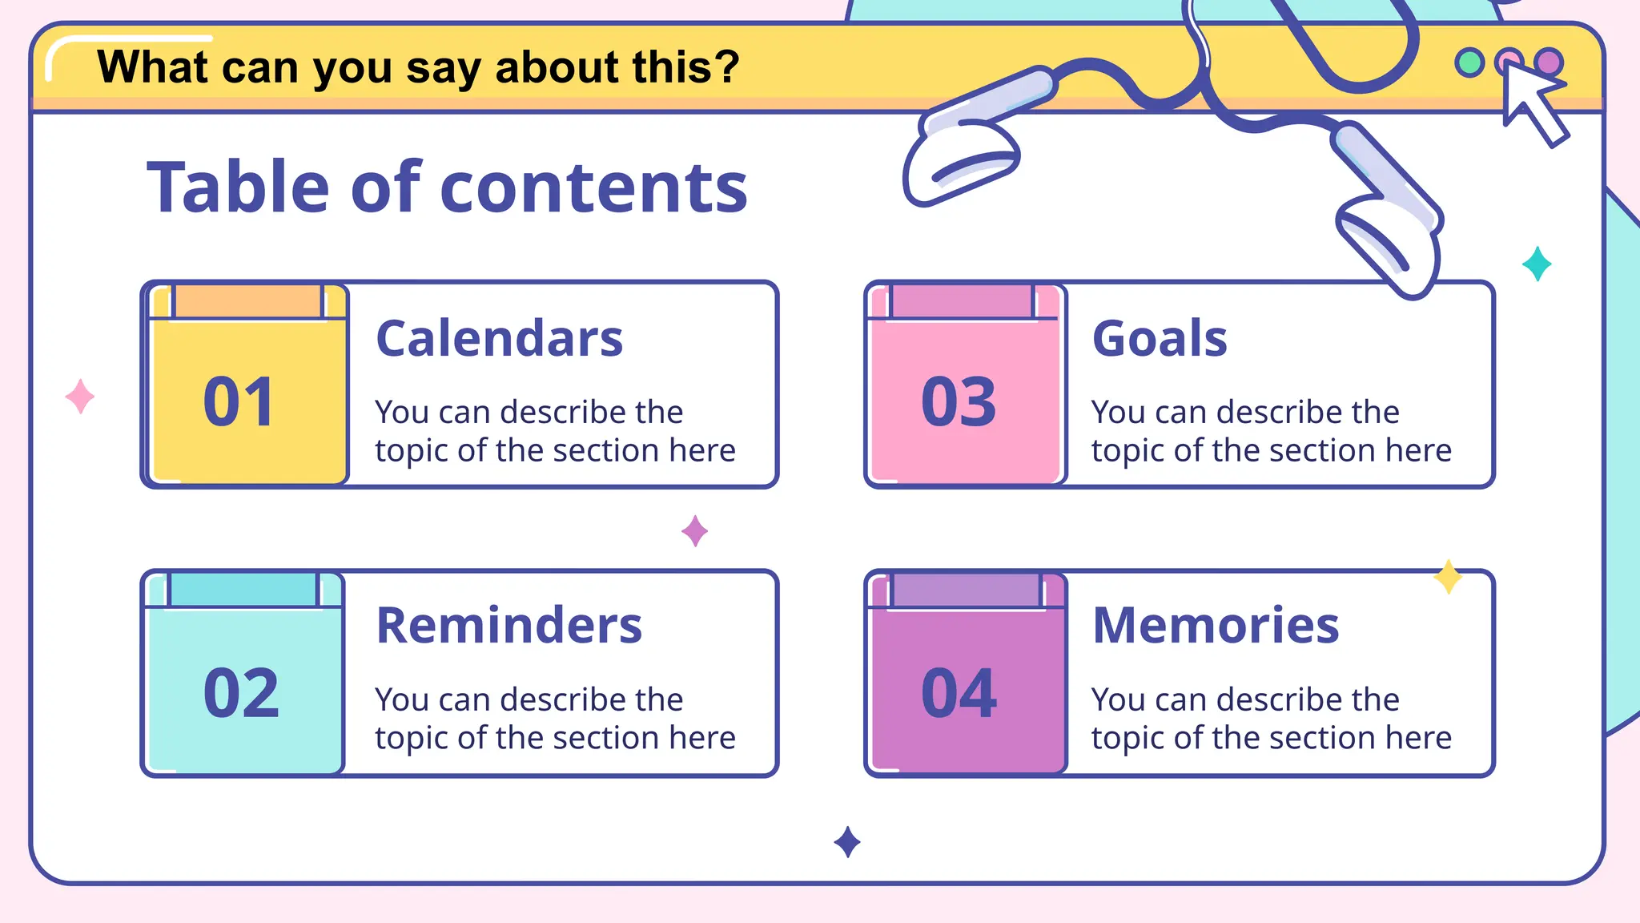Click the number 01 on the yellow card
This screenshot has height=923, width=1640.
coord(239,401)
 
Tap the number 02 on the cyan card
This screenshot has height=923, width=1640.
coord(241,693)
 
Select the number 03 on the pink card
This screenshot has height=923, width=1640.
coord(959,401)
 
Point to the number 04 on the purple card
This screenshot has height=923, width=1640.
coord(959,693)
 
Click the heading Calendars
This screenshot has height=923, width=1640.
coord(499,338)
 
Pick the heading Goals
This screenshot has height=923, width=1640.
coord(1160,338)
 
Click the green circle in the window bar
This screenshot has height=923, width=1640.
coord(1469,62)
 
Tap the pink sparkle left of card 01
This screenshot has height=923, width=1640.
coord(80,397)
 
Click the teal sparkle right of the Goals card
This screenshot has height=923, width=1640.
coord(1537,264)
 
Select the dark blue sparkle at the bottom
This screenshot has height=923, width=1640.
coord(847,842)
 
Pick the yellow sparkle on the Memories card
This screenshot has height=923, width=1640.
coord(1448,576)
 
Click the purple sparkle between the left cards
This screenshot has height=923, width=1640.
coord(694,530)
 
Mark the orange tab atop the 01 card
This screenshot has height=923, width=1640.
coord(247,302)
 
